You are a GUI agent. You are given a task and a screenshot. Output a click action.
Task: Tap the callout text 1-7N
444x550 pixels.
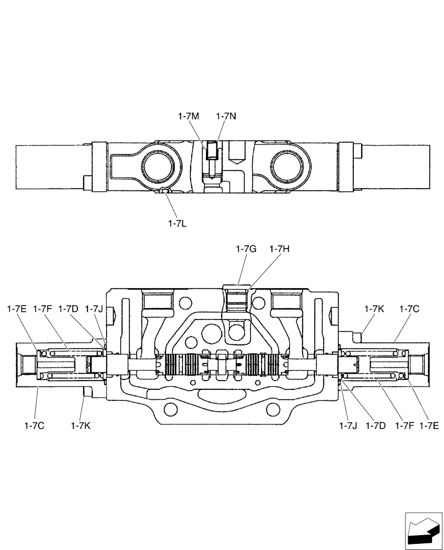(x=226, y=116)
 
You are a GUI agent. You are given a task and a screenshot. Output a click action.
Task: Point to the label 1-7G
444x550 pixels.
(x=246, y=249)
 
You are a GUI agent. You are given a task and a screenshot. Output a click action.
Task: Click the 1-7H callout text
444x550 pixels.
(x=279, y=249)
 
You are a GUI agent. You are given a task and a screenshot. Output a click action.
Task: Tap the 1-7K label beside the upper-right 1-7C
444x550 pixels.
(x=374, y=309)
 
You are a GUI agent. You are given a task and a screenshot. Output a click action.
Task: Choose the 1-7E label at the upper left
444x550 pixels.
(x=17, y=309)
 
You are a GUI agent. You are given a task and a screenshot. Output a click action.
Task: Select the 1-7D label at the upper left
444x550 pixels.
(x=68, y=309)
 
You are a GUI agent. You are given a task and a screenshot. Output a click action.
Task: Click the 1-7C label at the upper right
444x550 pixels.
(x=409, y=309)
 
